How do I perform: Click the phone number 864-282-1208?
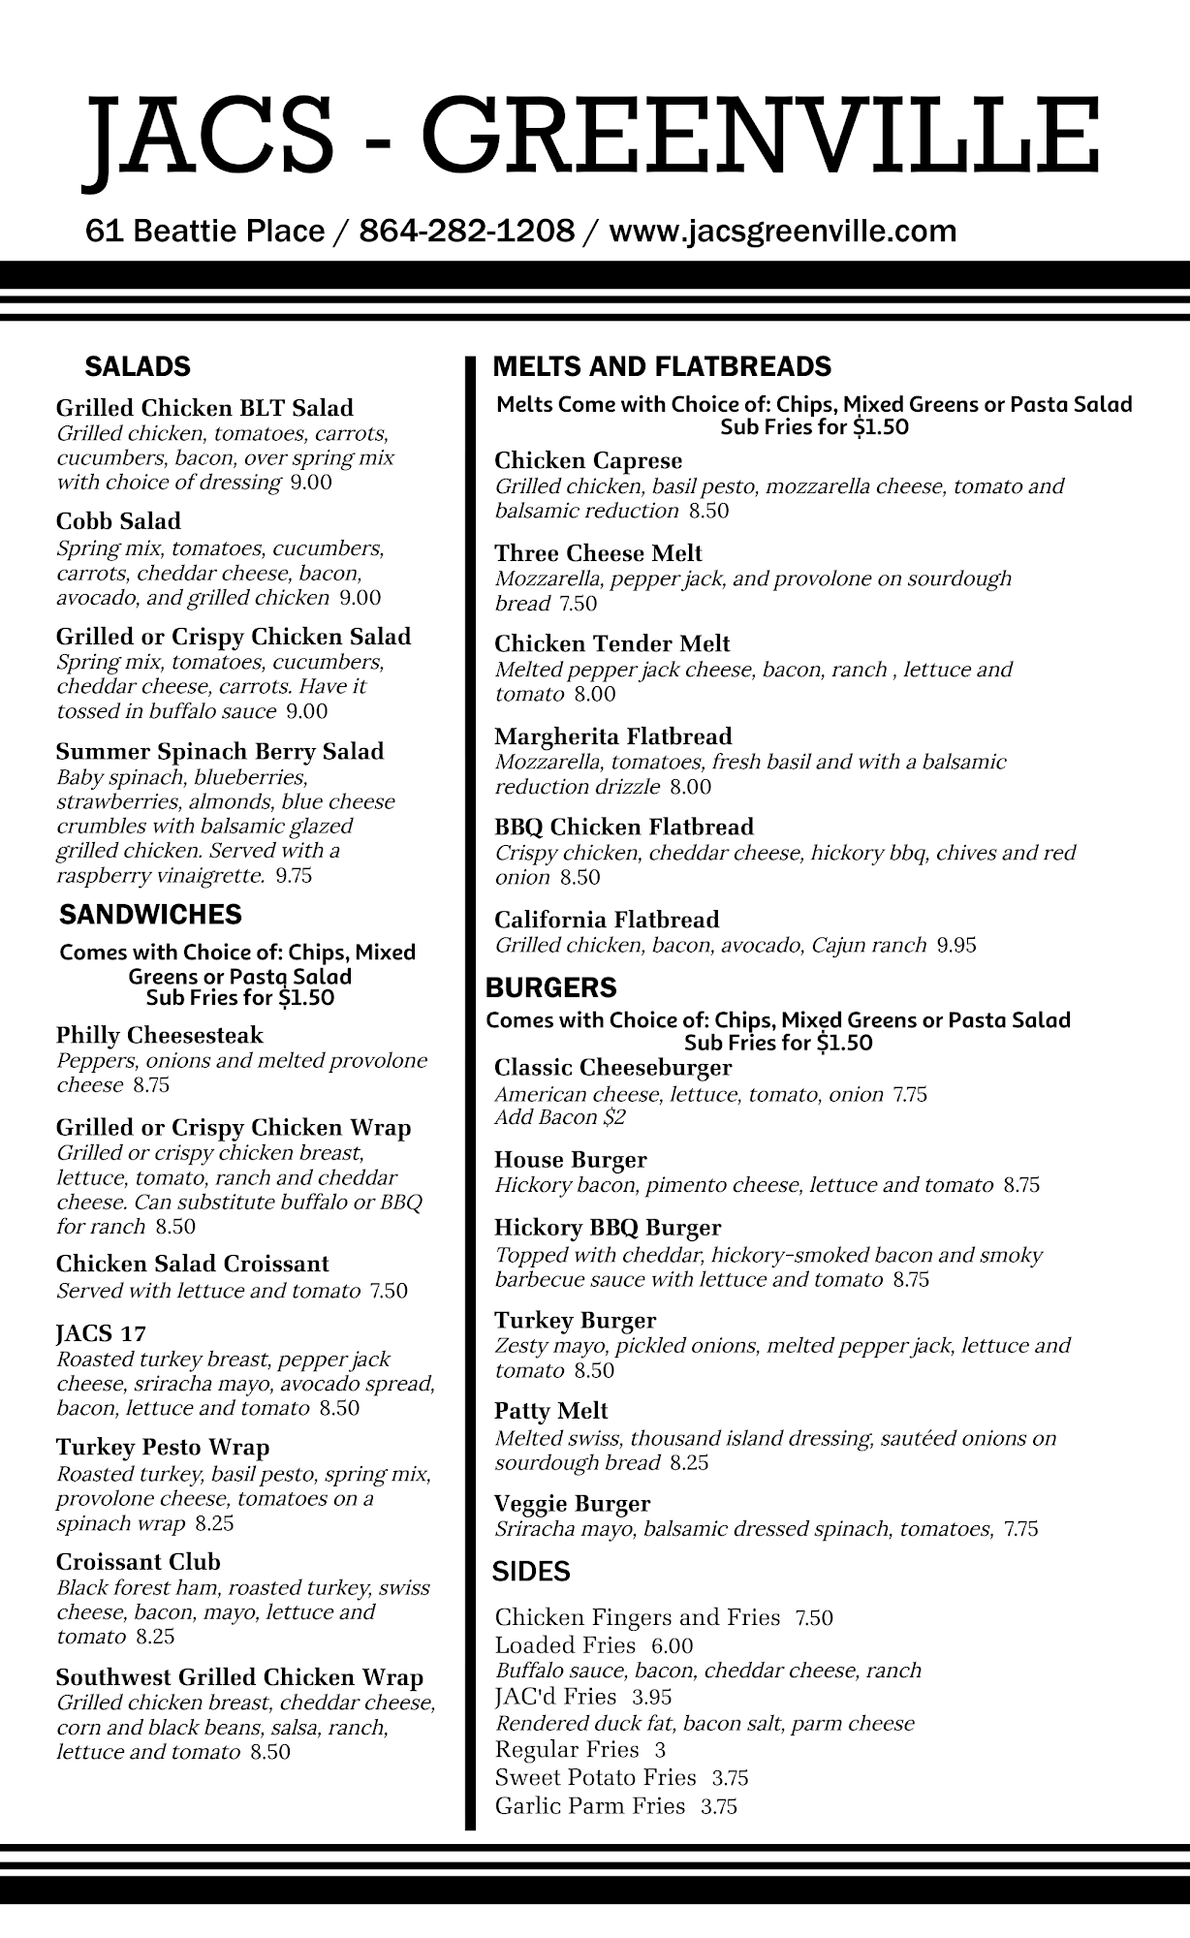coord(466,232)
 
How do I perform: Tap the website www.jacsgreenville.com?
coord(782,232)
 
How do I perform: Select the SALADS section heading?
coord(138,367)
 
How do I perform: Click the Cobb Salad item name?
coord(118,521)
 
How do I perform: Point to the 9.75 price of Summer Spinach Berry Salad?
coord(294,876)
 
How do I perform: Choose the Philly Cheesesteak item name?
coord(159,1036)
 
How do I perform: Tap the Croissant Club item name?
coord(138,1562)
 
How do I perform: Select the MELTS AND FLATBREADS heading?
coord(662,367)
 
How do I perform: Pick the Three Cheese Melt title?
coord(598,553)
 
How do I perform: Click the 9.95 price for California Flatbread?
coord(956,946)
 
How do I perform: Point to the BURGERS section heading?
coord(550,988)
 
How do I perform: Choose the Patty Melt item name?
coord(550,1411)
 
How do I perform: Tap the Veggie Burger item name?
coord(572,1504)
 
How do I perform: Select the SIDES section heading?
coord(531,1572)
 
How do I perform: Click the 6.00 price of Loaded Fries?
coord(672,1645)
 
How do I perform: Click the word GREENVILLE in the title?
coord(760,135)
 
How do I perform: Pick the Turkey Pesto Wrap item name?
coord(162,1448)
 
